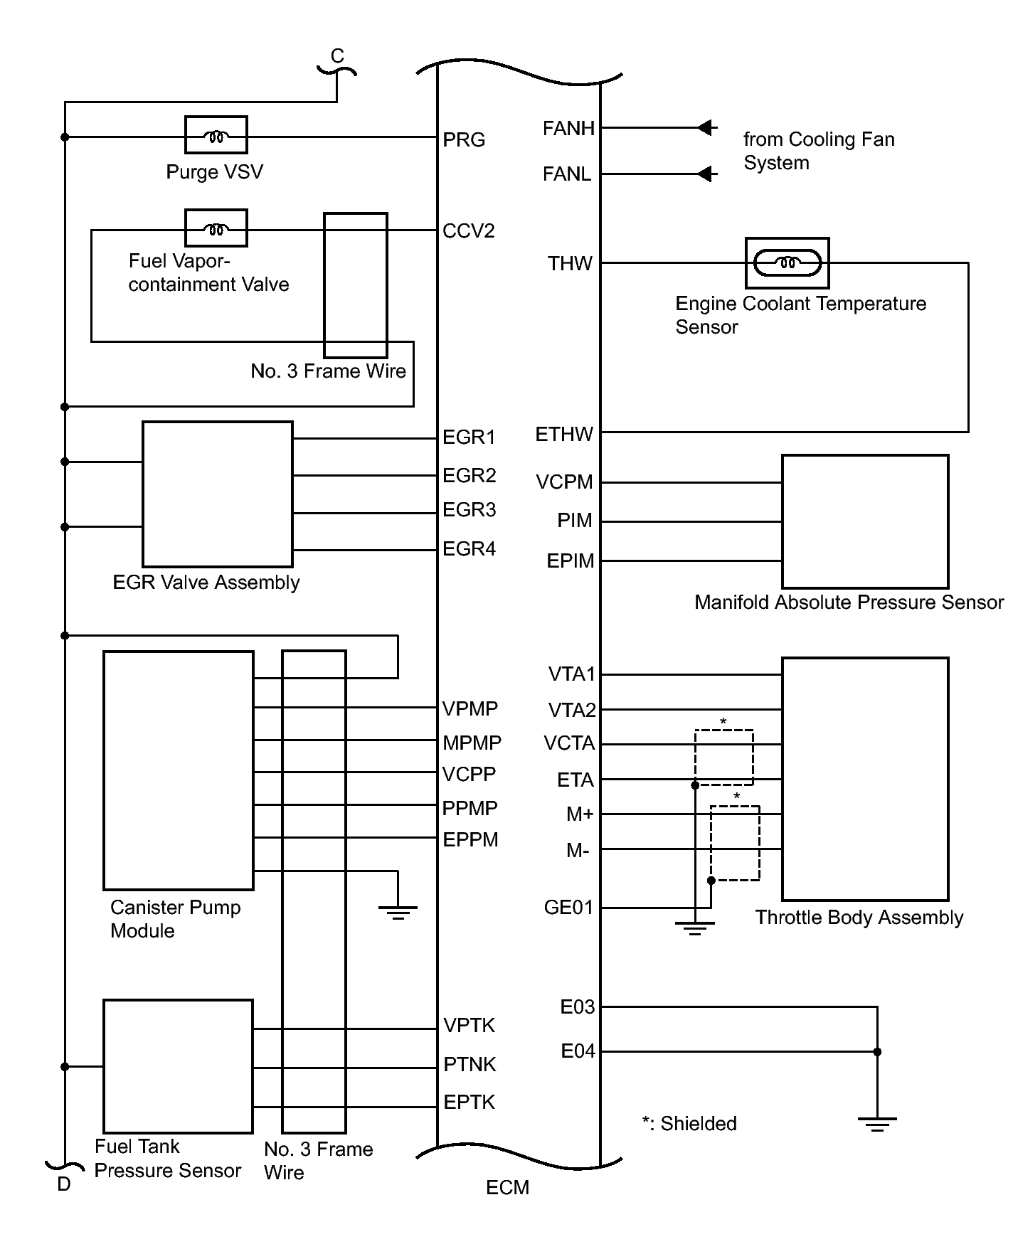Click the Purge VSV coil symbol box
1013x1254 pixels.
pyautogui.click(x=216, y=134)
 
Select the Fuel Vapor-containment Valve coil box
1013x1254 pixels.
pyautogui.click(x=216, y=228)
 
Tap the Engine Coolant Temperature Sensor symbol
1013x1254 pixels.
pyautogui.click(x=787, y=263)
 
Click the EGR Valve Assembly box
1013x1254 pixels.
pyautogui.click(x=218, y=494)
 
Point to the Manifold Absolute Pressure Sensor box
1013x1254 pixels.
pyautogui.click(x=865, y=521)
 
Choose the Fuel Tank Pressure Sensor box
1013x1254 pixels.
pyautogui.click(x=178, y=1066)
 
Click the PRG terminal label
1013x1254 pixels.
pyautogui.click(x=464, y=140)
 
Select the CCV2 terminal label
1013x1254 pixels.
pyautogui.click(x=468, y=231)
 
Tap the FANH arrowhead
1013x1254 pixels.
pyautogui.click(x=706, y=128)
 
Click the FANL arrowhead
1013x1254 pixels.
pyautogui.click(x=706, y=174)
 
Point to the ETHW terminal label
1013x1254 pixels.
pyautogui.click(x=564, y=434)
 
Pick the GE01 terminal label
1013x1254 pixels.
pyautogui.click(x=568, y=908)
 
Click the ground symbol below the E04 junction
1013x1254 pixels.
pyautogui.click(x=877, y=1124)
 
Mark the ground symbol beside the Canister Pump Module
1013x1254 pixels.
pyautogui.click(x=398, y=911)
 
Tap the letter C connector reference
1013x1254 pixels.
pyautogui.click(x=337, y=56)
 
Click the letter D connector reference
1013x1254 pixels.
pyautogui.click(x=64, y=1184)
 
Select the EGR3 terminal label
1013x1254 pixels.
pyautogui.click(x=469, y=510)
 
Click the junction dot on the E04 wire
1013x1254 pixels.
pyautogui.click(x=877, y=1052)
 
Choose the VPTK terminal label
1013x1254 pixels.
pyautogui.click(x=470, y=1025)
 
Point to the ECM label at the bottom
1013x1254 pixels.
pyautogui.click(x=507, y=1187)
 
